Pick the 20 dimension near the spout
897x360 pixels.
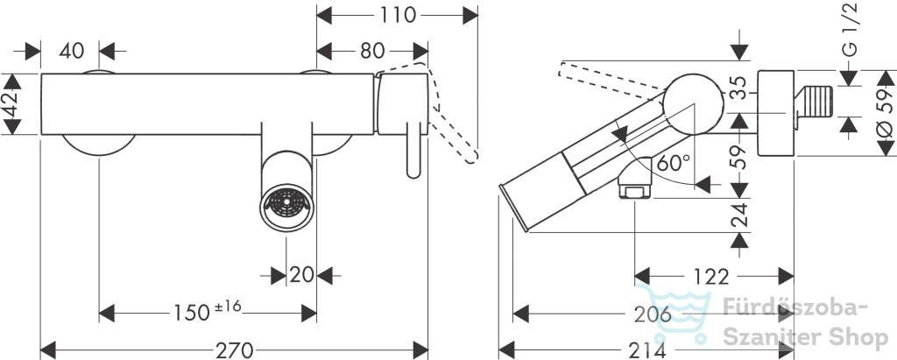coord(301,274)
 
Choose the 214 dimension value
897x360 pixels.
coord(646,349)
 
